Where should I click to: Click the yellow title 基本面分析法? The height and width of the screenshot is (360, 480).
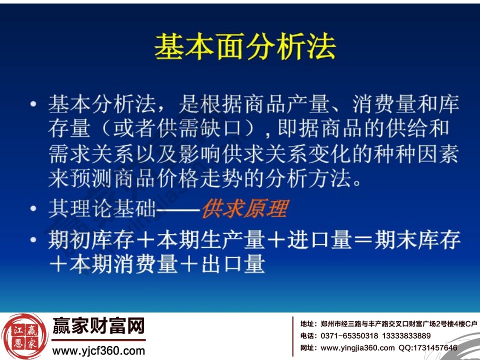(245, 49)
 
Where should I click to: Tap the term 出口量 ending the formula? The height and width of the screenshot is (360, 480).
(232, 265)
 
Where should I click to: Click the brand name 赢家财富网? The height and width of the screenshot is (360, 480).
(98, 326)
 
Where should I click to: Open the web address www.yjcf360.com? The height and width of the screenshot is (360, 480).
(98, 351)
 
